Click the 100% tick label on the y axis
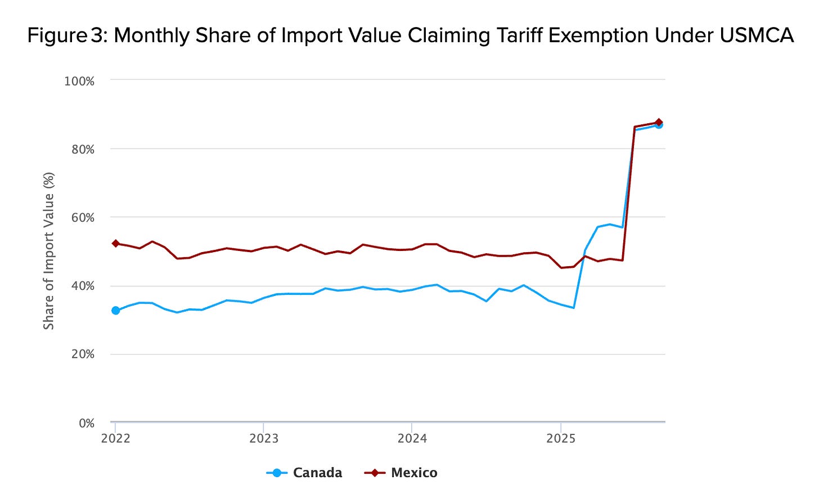coord(79,81)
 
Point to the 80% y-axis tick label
coord(82,150)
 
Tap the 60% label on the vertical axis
coord(82,218)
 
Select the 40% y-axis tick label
coord(82,286)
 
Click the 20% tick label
coord(82,354)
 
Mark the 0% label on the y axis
coord(86,423)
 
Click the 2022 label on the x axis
coord(115,438)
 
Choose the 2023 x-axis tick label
coord(264,438)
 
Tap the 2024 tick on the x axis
coord(412,438)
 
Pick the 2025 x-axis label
coord(561,438)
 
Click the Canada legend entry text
coord(317,473)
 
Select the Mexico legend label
coord(414,473)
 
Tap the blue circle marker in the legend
coord(277,473)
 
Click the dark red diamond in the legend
coord(375,473)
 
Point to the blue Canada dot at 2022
coord(116,311)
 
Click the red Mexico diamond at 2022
coord(116,244)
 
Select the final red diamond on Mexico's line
coord(659,122)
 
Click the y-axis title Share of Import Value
coord(49,251)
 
